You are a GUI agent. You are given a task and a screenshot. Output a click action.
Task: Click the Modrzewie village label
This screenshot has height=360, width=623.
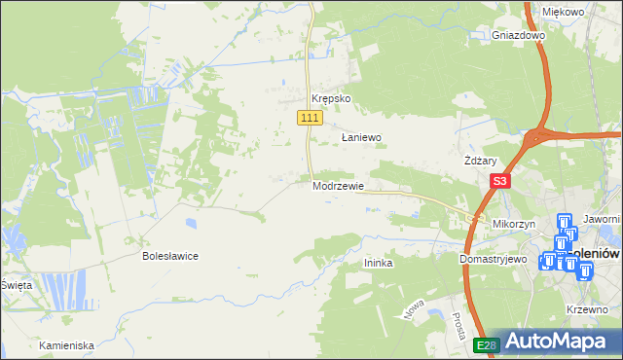339,186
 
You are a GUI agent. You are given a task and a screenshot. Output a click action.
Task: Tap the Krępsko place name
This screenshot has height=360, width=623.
330,99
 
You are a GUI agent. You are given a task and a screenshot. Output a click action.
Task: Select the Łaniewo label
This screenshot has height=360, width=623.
361,138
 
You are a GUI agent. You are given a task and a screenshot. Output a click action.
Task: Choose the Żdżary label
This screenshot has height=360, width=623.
481,162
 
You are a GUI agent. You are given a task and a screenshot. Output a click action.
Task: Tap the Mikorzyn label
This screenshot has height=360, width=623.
515,224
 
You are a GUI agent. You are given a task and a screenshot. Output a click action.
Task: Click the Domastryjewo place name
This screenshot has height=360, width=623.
493,260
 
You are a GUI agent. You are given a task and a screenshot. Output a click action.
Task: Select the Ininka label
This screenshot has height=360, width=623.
378,263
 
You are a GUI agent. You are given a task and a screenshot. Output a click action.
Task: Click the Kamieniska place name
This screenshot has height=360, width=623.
66,345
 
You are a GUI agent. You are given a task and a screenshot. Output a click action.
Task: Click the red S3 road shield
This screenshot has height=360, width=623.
500,181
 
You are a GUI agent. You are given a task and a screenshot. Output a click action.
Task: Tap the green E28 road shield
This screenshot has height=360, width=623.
488,344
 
